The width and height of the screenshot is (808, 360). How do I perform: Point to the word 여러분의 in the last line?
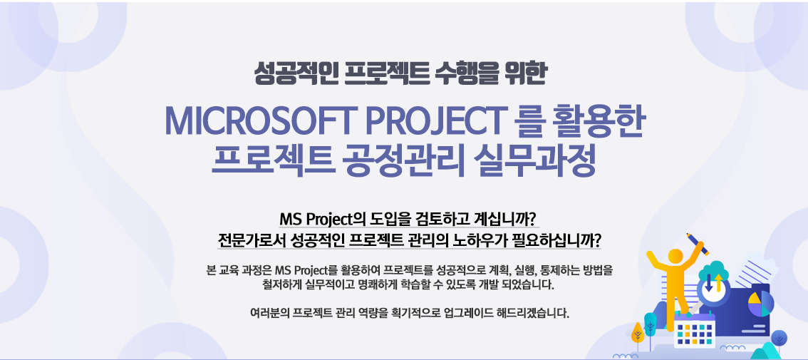pos(269,313)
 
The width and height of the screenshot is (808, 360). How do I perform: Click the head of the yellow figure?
pos(675,256)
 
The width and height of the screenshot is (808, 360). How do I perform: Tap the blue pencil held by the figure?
pos(698,243)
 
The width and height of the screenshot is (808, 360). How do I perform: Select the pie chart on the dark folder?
pos(760,304)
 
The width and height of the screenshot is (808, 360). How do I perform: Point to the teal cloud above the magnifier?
pos(715,269)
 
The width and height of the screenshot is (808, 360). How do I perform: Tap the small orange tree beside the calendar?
pos(638,333)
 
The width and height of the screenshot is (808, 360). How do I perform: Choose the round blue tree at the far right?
pos(779,339)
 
